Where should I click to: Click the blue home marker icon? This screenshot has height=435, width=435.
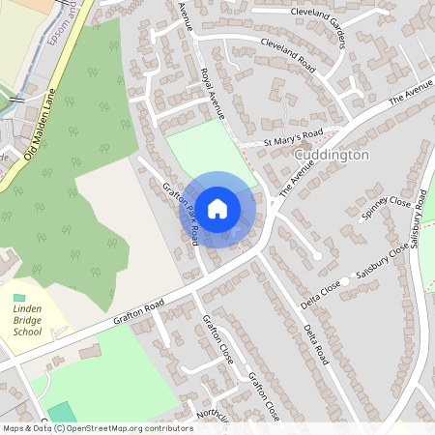217,209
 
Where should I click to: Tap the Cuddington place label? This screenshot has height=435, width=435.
332,155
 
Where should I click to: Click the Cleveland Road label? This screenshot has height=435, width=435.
288,56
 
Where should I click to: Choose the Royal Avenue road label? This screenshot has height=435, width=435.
212,93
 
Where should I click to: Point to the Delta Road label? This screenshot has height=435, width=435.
316,344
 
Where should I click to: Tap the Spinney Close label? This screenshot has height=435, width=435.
386,207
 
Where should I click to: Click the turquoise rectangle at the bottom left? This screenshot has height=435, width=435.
61,412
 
